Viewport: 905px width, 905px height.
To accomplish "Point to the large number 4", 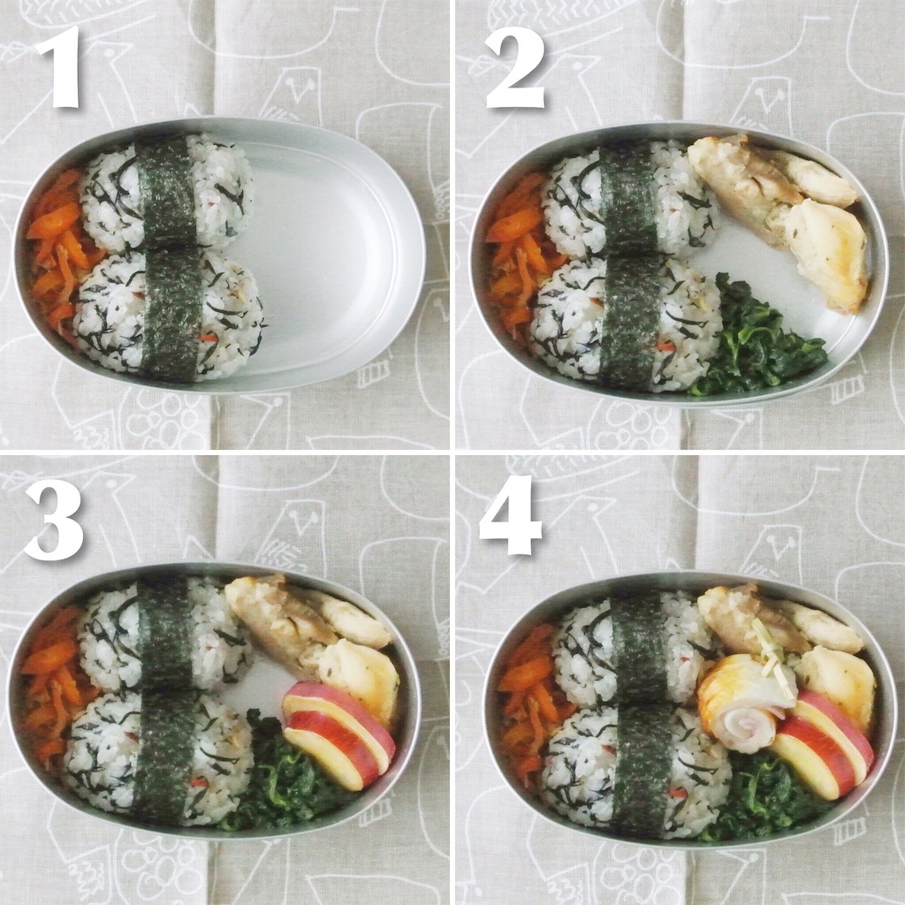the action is [511, 515].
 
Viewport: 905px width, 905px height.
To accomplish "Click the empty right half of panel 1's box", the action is [335, 254].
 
